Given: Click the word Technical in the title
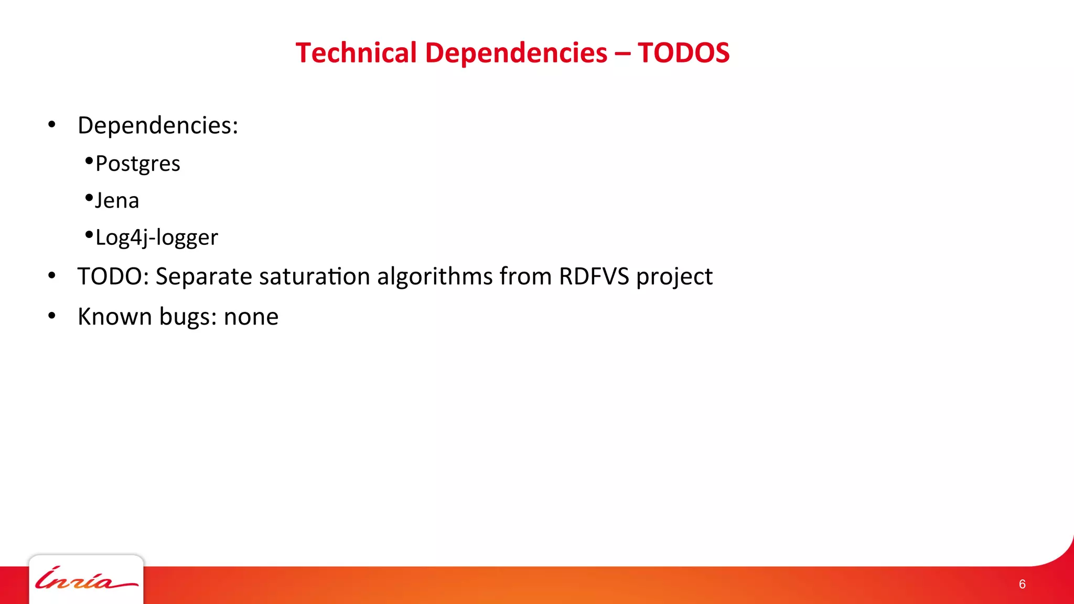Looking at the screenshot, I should coord(356,53).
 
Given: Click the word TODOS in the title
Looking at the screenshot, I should coord(683,53).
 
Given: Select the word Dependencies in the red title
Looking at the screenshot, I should coord(516,53).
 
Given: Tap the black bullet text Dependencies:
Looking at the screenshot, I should coord(158,125).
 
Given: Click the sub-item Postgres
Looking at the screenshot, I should coord(138,164).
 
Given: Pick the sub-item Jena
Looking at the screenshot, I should coord(117,200).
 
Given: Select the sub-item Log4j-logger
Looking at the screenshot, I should coord(156,238).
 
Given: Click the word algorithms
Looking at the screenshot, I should coord(435,276).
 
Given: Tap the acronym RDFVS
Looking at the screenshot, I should coord(594,276).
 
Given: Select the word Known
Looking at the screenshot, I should coord(114,317).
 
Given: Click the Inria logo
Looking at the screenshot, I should coord(86,579).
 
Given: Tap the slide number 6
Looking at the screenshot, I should coord(1022,584).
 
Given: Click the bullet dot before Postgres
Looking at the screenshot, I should coord(89,160).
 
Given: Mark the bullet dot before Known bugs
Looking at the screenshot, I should coord(51,316).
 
